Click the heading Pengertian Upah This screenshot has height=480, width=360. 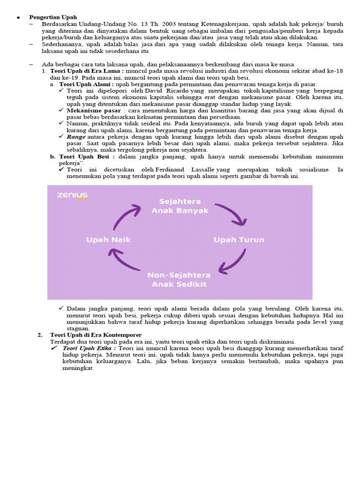click(53, 17)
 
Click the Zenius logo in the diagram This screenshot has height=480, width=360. click(72, 195)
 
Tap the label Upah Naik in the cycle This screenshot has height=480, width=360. click(108, 240)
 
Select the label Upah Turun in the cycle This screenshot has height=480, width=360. click(239, 240)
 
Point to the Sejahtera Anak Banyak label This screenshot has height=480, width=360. click(180, 206)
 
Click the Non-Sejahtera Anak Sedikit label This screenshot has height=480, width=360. click(180, 279)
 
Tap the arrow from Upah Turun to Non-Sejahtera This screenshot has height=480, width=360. click(232, 262)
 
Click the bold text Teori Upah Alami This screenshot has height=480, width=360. click(84, 84)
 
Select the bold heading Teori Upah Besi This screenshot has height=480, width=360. click(87, 157)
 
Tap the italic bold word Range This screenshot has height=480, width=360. click(76, 136)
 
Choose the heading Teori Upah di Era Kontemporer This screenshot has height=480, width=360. click(96, 335)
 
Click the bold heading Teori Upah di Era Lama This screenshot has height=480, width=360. click(87, 71)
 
